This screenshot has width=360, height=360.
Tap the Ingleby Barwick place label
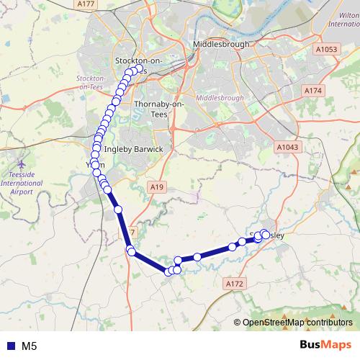tap(135, 149)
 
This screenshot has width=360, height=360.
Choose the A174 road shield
tap(312, 91)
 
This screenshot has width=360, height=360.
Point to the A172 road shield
tap(235, 285)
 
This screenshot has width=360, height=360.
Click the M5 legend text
tap(30, 346)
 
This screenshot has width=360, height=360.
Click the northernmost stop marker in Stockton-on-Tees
tap(134, 70)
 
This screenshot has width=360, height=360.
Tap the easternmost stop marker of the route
tap(266, 234)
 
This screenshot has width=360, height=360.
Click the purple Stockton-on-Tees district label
tap(91, 81)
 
